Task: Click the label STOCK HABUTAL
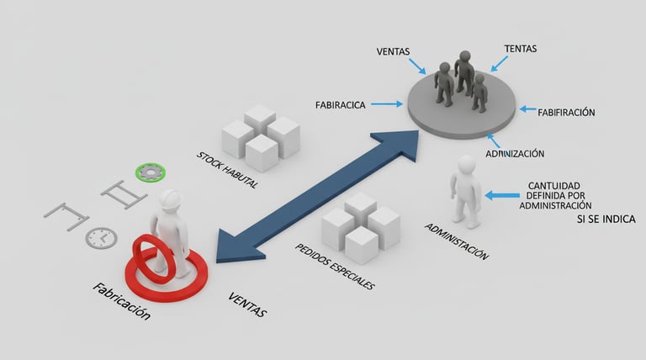226,169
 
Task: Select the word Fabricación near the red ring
122,301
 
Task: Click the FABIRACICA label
340,105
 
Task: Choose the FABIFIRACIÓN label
566,112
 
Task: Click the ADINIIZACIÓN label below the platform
514,154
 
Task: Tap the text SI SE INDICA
606,220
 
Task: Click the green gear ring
150,172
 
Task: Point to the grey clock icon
100,237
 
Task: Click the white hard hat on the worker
172,199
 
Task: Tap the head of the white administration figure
464,163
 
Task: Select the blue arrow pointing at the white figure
502,195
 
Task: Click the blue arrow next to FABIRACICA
386,105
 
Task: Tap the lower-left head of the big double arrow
229,247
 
